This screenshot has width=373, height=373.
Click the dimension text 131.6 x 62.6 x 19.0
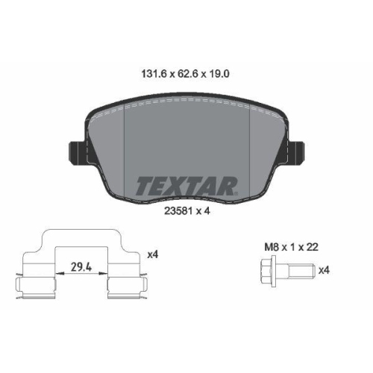pyautogui.click(x=186, y=75)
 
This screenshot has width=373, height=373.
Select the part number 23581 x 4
pyautogui.click(x=186, y=210)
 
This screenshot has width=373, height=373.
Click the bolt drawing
pyautogui.click(x=283, y=270)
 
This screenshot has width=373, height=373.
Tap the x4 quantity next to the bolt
pyautogui.click(x=324, y=270)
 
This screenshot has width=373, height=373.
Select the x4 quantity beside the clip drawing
pyautogui.click(x=153, y=255)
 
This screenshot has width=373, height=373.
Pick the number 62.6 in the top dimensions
pyautogui.click(x=186, y=75)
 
